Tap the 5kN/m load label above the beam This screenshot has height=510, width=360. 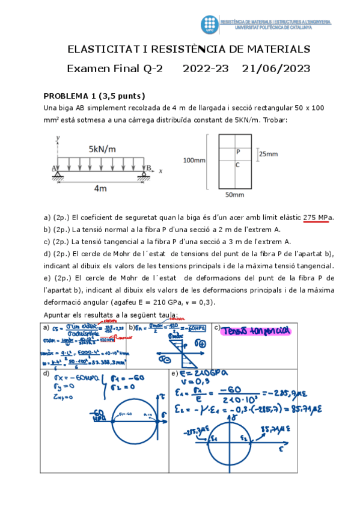(x=103, y=149)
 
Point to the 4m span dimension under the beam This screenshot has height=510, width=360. (x=100, y=188)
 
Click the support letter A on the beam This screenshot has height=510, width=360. (x=55, y=168)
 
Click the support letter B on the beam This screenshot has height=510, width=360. (x=149, y=168)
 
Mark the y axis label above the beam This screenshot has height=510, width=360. (x=58, y=138)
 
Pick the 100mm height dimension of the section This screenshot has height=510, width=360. (x=194, y=161)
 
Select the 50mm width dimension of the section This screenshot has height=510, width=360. (x=234, y=195)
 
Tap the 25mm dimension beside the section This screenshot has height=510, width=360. (x=268, y=154)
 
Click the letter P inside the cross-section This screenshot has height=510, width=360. (x=238, y=153)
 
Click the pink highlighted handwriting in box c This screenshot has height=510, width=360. (x=255, y=330)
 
